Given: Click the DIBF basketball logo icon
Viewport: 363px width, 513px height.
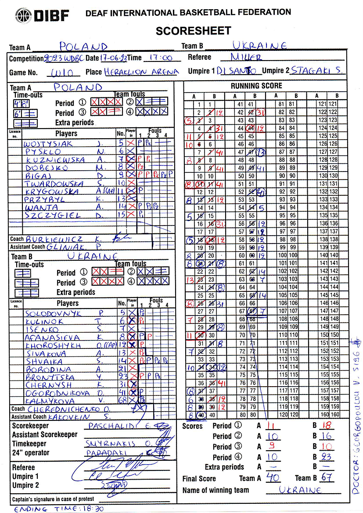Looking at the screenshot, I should coord(23,16).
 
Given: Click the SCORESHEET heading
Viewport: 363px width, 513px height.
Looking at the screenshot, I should coord(193,31).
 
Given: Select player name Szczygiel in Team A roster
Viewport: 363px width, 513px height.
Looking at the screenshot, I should coord(53,215).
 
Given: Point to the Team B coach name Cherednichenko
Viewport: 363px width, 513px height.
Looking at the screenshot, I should coord(66,409).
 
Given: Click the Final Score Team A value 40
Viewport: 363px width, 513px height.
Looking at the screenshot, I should coord(273,477).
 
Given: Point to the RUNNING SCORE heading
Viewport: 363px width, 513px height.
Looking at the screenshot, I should coord(256,86).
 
